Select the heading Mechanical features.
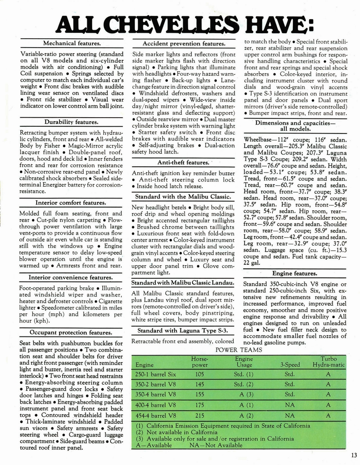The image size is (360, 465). coord(71,44)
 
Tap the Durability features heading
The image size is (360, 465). coord(71,122)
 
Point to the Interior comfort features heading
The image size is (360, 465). coord(71,203)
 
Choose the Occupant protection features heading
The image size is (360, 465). coord(71,332)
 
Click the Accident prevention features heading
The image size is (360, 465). coord(184,44)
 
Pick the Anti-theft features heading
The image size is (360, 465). coord(183,163)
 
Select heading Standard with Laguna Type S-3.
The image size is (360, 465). coord(183,330)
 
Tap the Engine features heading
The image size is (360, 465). coord(295,273)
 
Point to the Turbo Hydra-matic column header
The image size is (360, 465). coord(328,361)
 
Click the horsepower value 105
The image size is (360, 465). coord(200,375)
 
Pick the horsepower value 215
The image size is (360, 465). coord(200,416)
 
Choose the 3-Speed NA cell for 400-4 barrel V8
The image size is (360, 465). coord(290,405)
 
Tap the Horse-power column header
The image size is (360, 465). coord(200,361)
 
